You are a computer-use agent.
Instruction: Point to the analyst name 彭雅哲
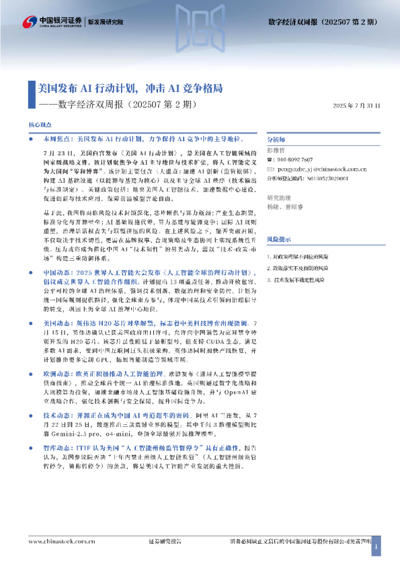(x=276, y=151)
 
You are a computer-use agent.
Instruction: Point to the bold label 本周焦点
(x=55, y=138)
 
